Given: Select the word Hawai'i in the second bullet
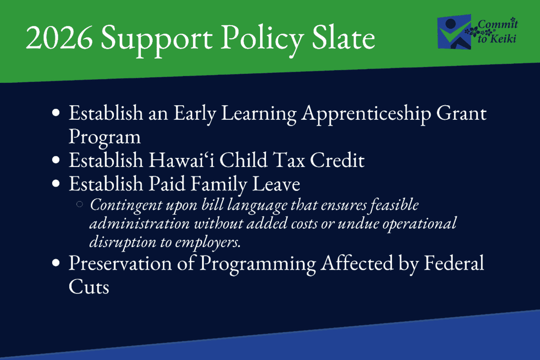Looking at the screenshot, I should coord(173,160).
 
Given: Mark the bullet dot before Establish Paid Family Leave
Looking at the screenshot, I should coord(56,184).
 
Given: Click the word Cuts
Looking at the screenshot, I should coord(89,287).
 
